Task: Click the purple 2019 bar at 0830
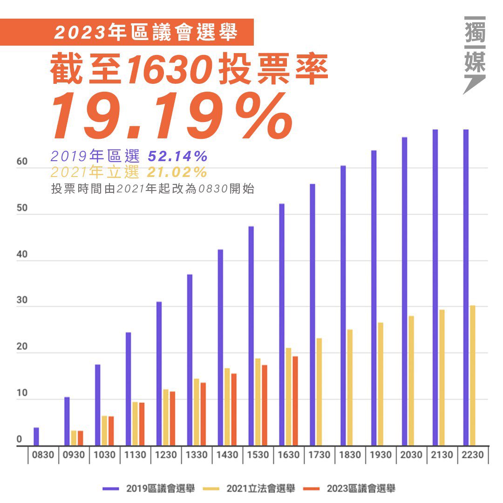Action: [36, 436]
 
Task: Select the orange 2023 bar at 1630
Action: [295, 401]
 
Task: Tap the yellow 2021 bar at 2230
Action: [473, 375]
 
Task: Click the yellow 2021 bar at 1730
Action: [319, 392]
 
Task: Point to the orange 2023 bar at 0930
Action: [81, 438]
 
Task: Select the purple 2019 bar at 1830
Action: [343, 306]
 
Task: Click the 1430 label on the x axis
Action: [227, 455]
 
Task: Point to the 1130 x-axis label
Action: [136, 455]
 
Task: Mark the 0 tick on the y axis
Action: [20, 439]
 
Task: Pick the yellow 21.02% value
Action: [177, 172]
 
